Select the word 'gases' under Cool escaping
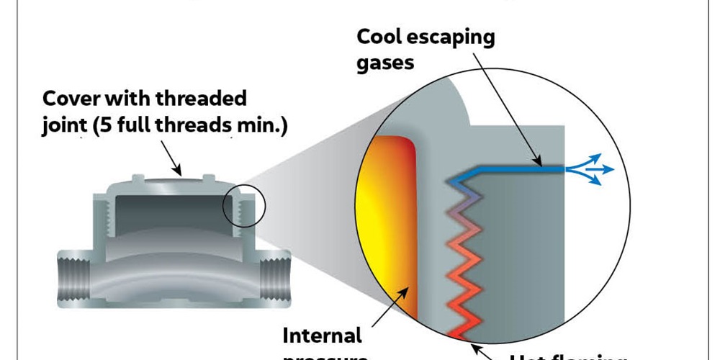pos(386,62)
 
